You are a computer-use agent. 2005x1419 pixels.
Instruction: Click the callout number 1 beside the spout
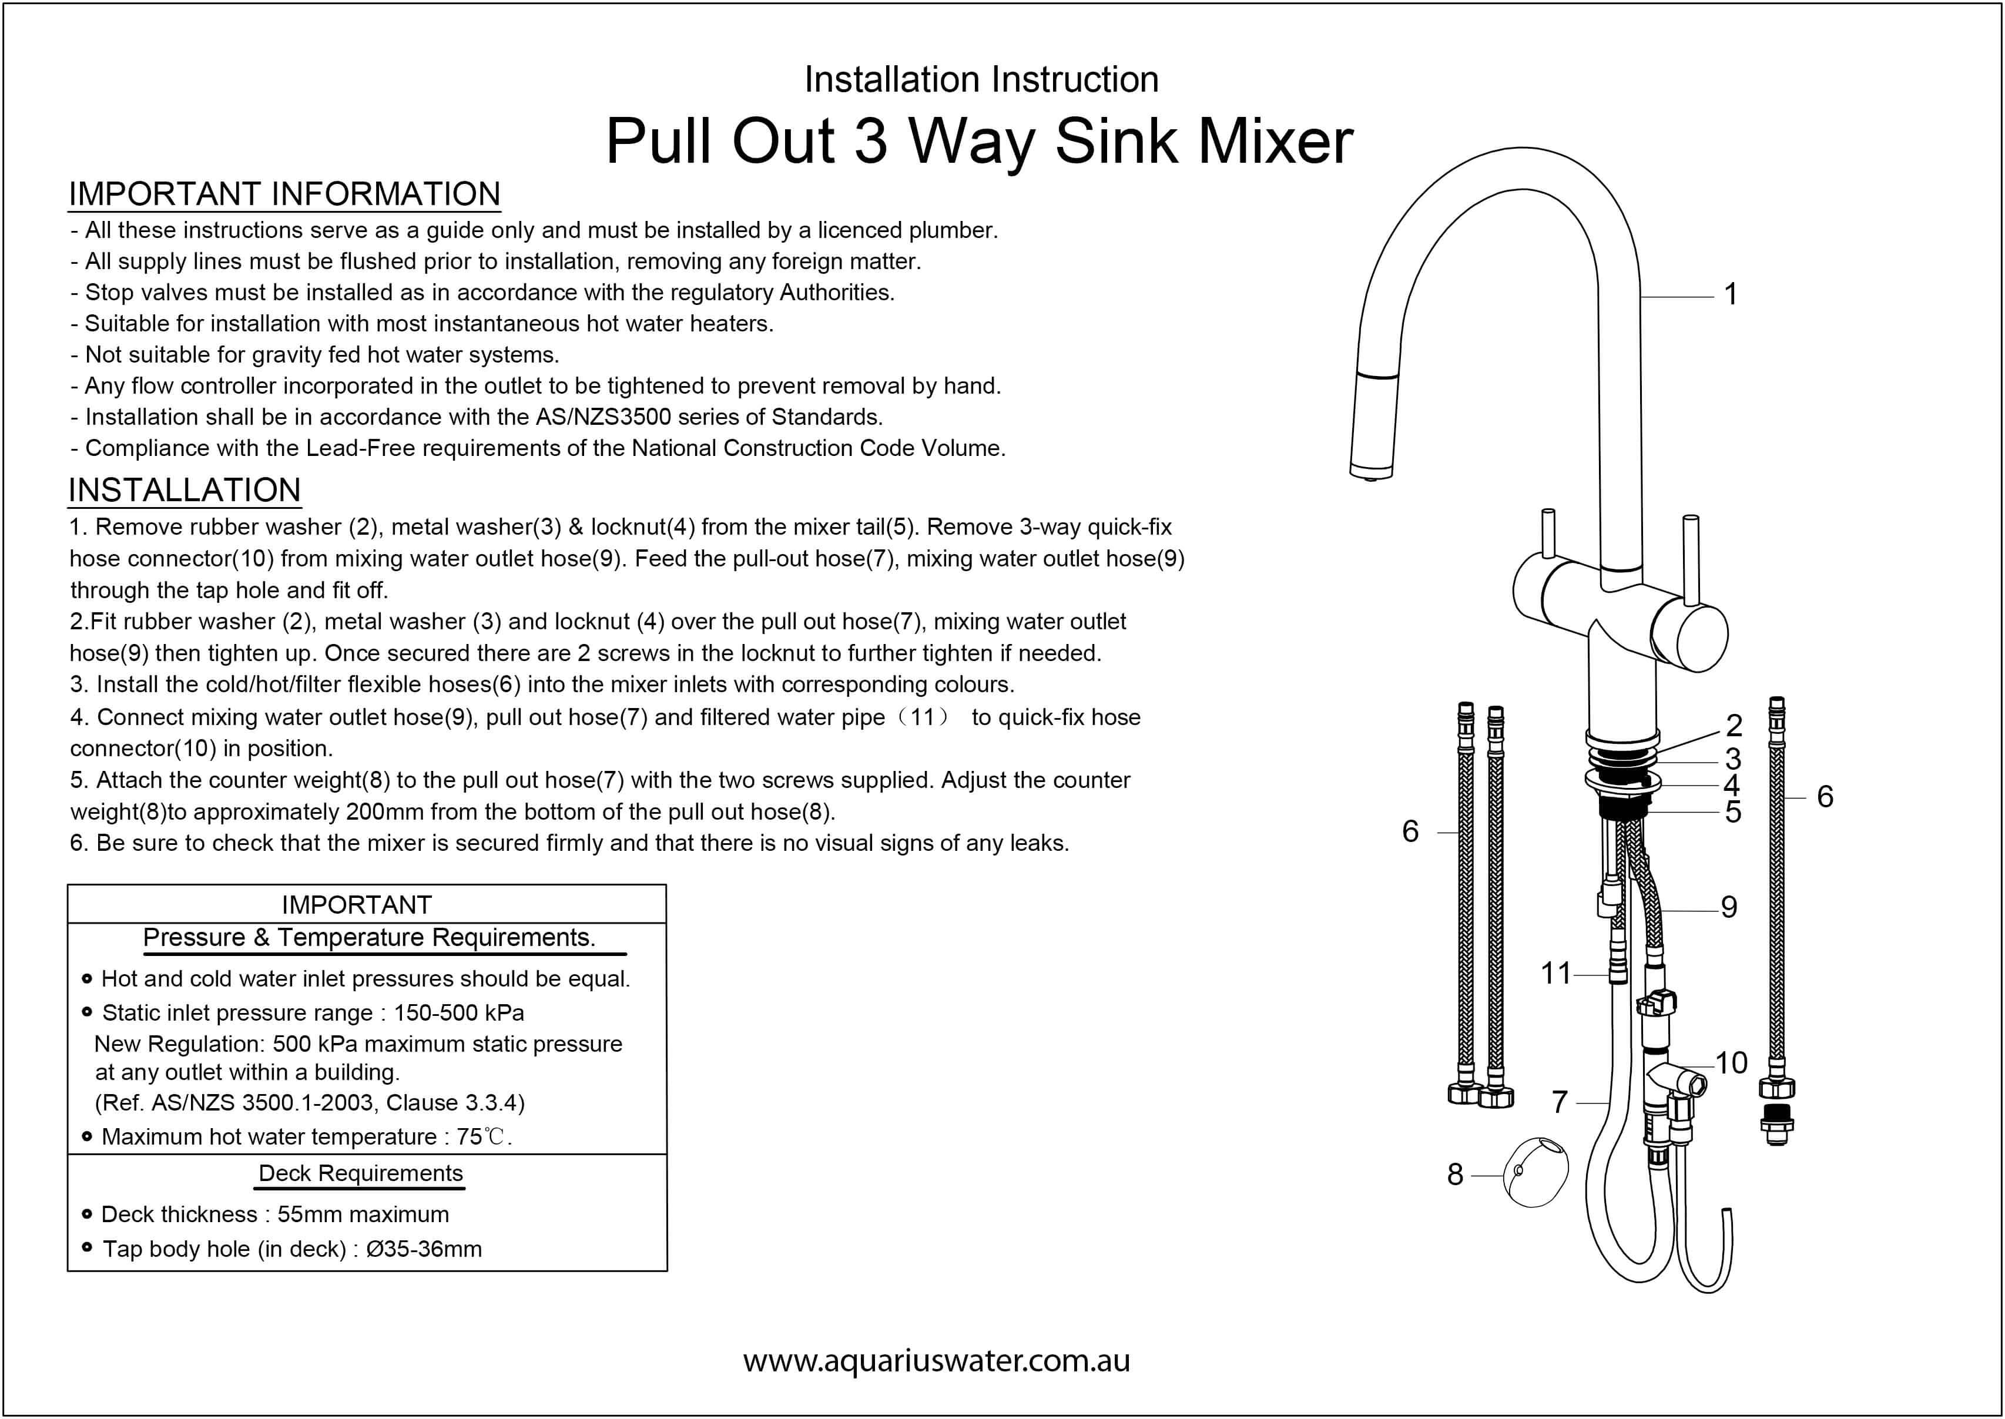click(x=1730, y=294)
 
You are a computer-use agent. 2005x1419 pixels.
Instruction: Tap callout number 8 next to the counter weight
click(x=1454, y=1175)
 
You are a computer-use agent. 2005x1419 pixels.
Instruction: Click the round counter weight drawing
click(x=1535, y=1173)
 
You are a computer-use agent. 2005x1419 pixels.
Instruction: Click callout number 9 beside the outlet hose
click(x=1729, y=907)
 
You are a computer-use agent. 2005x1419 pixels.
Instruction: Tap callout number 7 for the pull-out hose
click(x=1560, y=1102)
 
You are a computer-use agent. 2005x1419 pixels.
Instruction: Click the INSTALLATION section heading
click(x=185, y=490)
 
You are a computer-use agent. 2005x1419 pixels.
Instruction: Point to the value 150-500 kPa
click(x=459, y=1013)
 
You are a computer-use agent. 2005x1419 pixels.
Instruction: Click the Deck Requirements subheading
click(x=361, y=1173)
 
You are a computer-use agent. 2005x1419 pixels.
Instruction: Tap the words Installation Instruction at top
click(x=981, y=79)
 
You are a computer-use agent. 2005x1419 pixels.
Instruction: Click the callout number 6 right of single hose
click(x=1824, y=796)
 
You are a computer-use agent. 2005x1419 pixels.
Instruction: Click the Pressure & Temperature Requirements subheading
click(x=368, y=938)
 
